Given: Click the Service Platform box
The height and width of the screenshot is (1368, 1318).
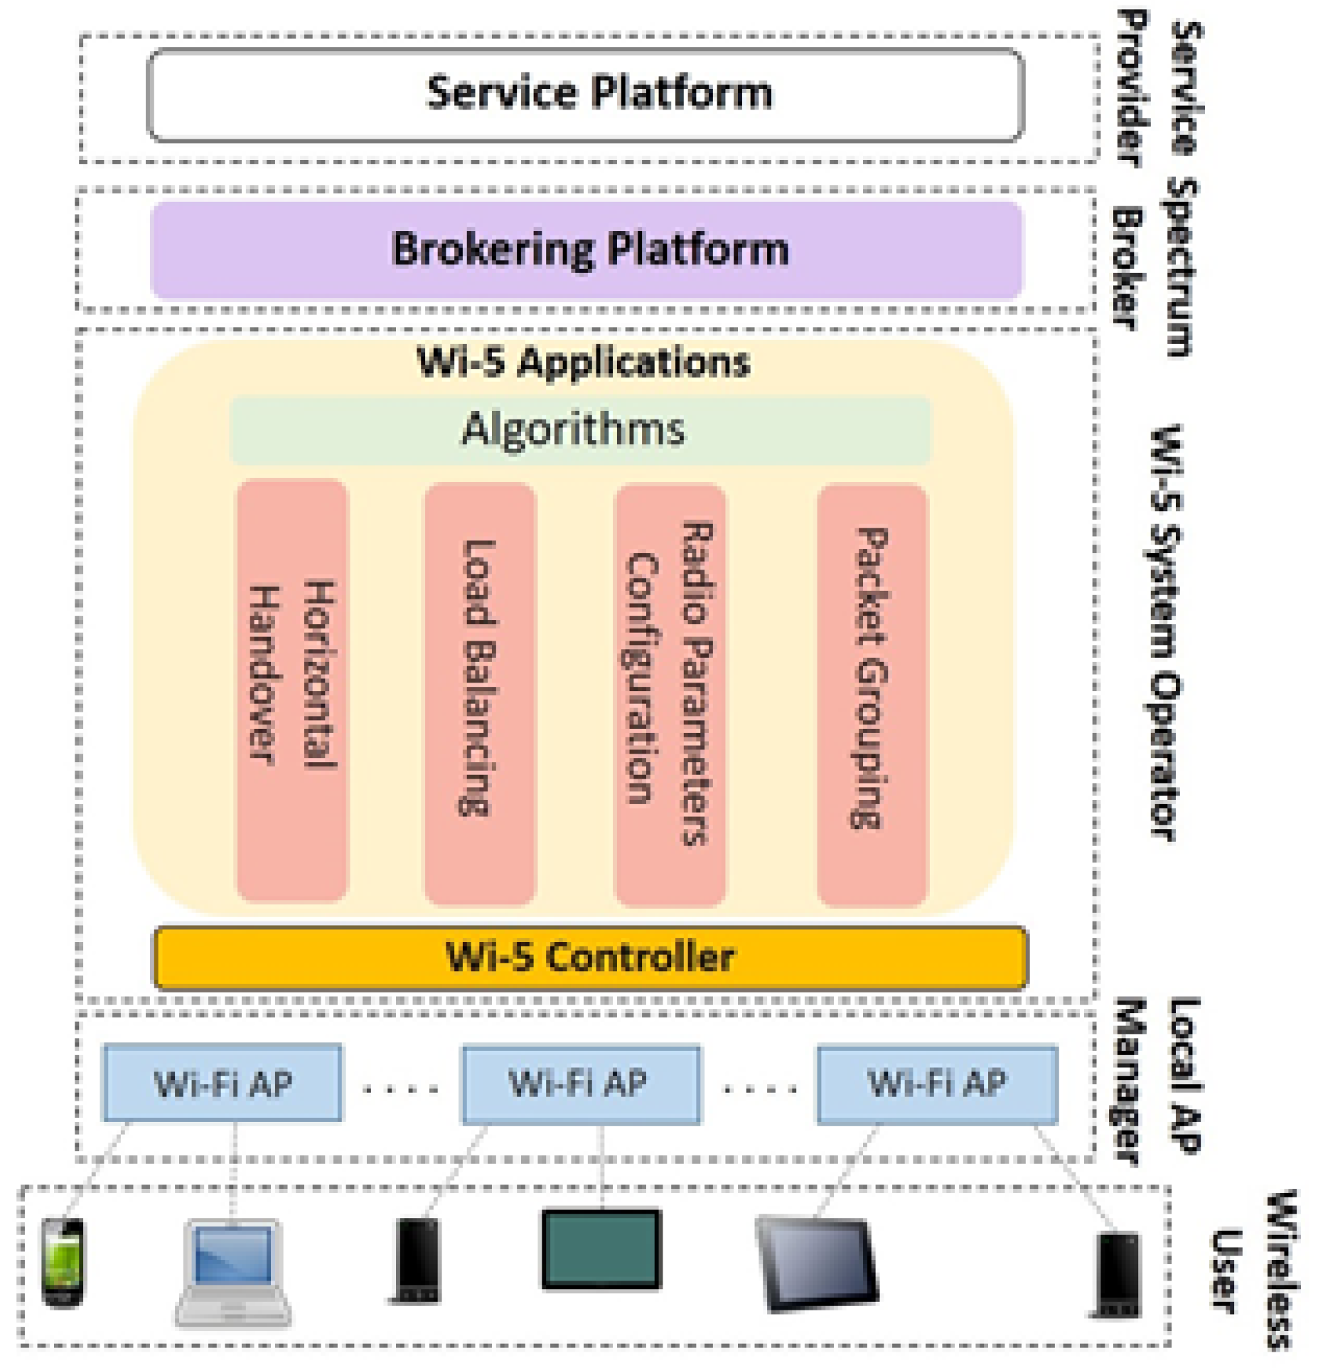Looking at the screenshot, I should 584,95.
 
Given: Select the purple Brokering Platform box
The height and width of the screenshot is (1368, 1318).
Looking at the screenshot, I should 586,249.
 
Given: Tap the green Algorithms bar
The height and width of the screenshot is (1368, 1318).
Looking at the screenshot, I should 579,429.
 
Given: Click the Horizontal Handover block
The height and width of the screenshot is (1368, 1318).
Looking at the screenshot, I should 291,690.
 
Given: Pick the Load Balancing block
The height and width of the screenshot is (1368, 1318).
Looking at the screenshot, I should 479,693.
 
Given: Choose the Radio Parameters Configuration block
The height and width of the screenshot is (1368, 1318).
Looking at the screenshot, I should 669,694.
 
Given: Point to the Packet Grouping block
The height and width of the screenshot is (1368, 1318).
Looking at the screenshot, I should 872,694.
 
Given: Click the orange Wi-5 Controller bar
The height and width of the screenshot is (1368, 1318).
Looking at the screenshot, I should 590,956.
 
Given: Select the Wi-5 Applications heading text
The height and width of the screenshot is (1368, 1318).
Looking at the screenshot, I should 583,362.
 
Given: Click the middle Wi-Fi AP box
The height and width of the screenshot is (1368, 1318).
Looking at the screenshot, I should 580,1084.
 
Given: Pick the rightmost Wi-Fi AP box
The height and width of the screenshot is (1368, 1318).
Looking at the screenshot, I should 936,1084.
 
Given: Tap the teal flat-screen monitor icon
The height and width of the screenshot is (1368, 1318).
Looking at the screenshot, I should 601,1249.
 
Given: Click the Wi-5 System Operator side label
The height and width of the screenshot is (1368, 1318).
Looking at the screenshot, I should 1165,633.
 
